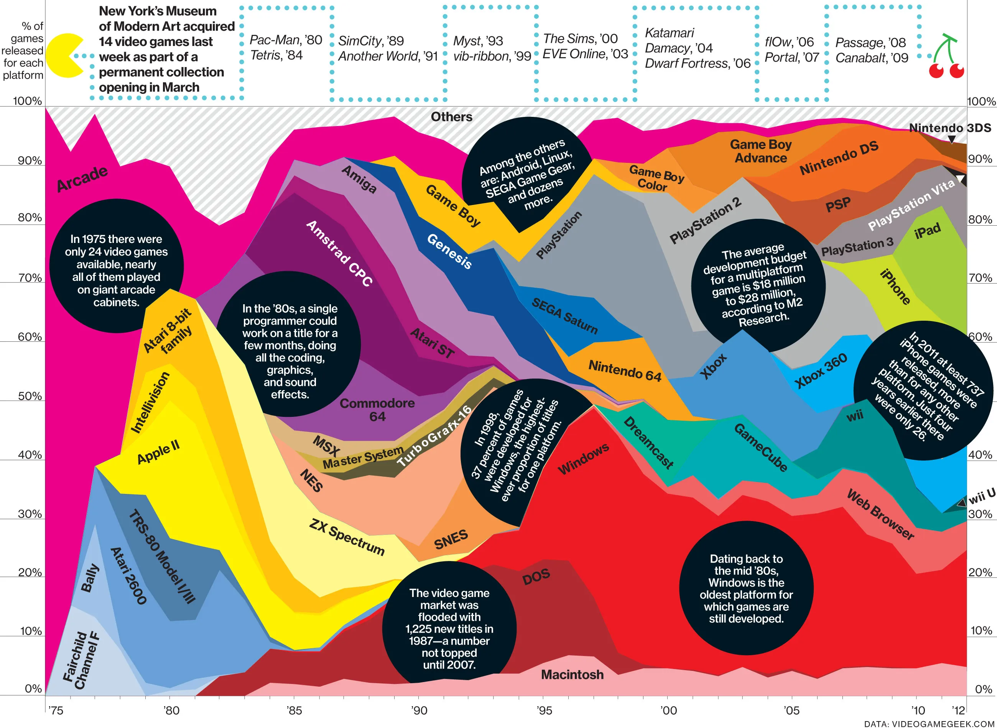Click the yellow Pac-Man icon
(64, 56)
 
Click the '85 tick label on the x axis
(294, 710)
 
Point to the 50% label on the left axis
(30, 396)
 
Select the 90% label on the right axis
(979, 159)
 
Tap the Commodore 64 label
(377, 410)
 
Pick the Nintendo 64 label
(625, 370)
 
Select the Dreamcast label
(648, 443)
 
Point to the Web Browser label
(880, 515)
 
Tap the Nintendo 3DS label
(950, 128)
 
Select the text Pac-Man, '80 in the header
(286, 40)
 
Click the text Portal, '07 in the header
(791, 57)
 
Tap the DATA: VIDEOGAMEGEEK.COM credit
(930, 723)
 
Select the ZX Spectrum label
(347, 537)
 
